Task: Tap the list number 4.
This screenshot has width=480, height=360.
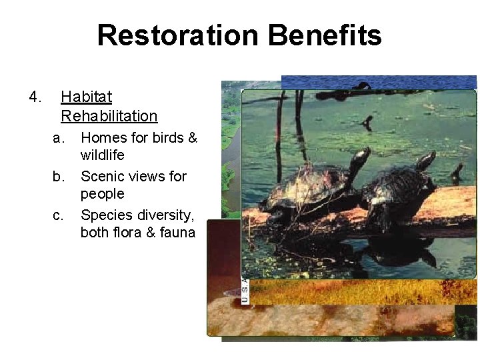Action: click(x=35, y=97)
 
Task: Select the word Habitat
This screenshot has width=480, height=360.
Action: click(x=86, y=97)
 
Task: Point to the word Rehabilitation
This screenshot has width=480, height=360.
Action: click(x=109, y=116)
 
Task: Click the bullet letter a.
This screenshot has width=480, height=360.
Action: click(x=58, y=138)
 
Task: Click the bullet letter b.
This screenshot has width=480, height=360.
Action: click(x=58, y=177)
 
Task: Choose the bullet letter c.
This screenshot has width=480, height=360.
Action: click(x=58, y=215)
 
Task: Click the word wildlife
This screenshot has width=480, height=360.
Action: click(x=102, y=155)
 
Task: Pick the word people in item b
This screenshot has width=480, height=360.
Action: click(x=102, y=194)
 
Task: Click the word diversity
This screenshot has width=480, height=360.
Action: click(x=165, y=215)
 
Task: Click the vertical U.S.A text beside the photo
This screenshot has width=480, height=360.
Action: click(x=245, y=290)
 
